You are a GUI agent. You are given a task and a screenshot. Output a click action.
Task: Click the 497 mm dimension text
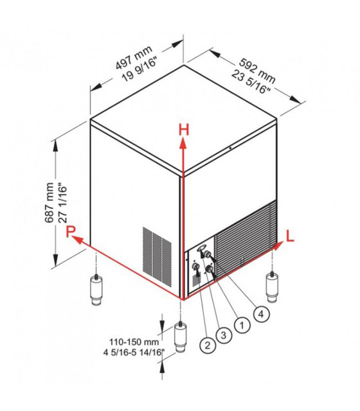(x=134, y=58)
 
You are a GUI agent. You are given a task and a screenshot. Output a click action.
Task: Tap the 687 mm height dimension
(x=49, y=203)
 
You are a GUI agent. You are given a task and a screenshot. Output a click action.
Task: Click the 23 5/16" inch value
(x=251, y=82)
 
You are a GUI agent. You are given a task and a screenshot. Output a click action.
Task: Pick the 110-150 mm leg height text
(x=134, y=342)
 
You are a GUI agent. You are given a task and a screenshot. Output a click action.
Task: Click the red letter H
(x=184, y=130)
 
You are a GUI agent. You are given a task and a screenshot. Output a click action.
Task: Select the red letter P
(x=70, y=231)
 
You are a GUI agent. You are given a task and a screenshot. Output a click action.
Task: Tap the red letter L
(x=290, y=236)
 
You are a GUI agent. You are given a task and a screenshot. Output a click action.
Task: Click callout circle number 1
(x=242, y=326)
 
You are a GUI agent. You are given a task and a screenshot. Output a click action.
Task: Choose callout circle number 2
(x=208, y=345)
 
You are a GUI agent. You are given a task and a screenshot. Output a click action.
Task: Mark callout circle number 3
(x=224, y=335)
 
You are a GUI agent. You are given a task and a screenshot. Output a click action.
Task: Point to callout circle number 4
(x=262, y=314)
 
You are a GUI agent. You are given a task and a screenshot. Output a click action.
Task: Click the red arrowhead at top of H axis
(x=183, y=144)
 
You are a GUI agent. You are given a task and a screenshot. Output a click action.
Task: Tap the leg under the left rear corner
(x=97, y=290)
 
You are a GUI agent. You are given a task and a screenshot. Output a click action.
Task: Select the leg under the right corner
(x=273, y=287)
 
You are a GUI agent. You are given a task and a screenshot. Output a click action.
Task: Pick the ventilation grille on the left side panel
(x=157, y=256)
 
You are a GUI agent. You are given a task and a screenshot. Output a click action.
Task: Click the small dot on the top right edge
(x=230, y=148)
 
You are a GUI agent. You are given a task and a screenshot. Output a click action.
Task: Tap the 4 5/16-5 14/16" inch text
(x=134, y=353)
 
